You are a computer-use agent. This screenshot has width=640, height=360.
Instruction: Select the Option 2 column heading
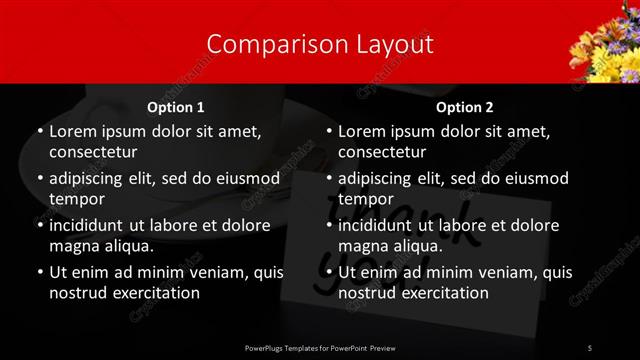464,107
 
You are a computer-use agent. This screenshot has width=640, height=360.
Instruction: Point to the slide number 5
590,347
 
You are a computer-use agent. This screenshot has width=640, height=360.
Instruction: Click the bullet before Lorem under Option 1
39,132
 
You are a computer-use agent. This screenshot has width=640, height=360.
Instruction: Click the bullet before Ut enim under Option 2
328,273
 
